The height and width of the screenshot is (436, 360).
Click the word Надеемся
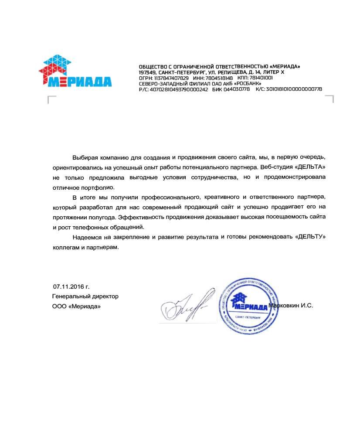(x=88, y=237)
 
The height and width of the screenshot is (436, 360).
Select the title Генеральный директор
(x=85, y=296)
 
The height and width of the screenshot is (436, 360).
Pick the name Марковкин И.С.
(x=292, y=306)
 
